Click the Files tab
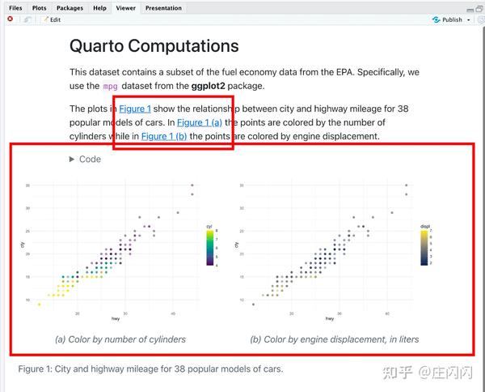15,8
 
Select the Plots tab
39,8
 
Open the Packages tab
70,8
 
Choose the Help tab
99,8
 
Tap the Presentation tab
163,8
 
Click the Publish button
449,19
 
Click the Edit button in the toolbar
52,19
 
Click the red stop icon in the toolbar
10,19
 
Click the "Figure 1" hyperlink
135,109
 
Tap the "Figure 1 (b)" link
164,136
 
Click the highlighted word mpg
110,86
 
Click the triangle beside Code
73,160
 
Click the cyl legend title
209,226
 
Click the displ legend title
425,226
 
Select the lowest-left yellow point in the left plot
39,305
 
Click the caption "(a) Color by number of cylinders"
120,339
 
